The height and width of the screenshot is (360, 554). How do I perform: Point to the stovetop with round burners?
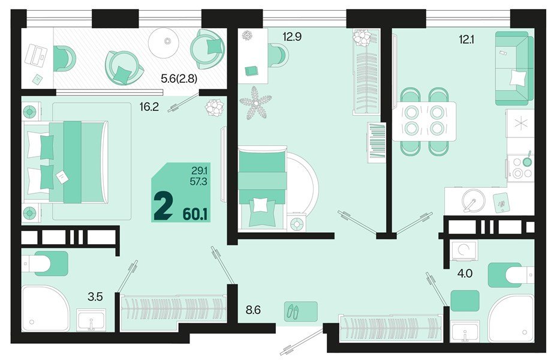520,168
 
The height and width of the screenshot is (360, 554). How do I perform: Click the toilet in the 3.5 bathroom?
46,263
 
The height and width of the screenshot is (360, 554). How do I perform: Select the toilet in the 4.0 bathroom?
509,275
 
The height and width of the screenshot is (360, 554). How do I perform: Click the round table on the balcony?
167,41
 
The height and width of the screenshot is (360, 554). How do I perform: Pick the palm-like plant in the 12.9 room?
254,100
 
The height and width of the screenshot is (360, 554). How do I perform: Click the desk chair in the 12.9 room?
276,56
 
